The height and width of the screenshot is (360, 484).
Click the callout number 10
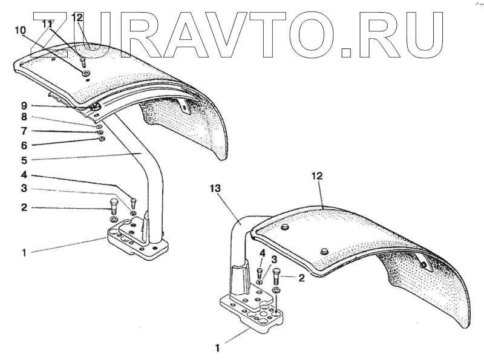coord(20,30)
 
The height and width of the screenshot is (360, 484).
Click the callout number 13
coord(217,188)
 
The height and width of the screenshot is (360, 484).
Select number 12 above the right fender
coord(318,176)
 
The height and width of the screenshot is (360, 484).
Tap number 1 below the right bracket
coord(217,348)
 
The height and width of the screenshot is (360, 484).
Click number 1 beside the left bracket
coord(24,253)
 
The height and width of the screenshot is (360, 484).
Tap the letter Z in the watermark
coord(55,35)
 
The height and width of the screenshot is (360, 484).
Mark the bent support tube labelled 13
coord(237,242)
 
